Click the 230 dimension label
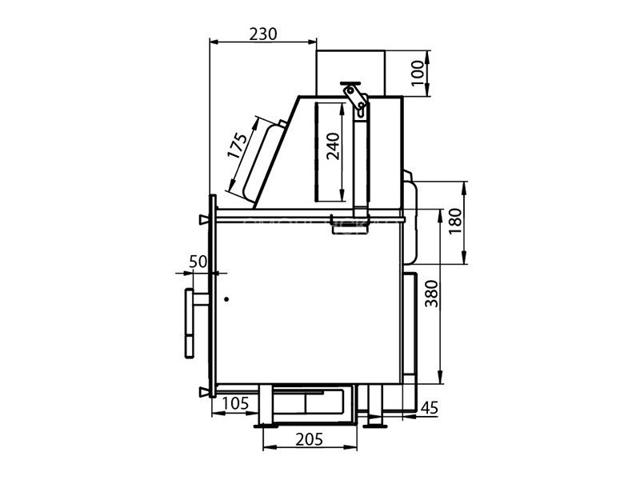coord(263,34)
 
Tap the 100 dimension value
coord(418,73)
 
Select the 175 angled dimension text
coord(238,146)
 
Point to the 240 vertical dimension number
coord(333,146)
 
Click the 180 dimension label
coord(454,221)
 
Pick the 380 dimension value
coord(431,294)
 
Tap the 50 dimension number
coord(198,262)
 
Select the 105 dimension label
coord(235,403)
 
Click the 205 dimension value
coord(309,439)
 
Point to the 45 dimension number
coord(429,407)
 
